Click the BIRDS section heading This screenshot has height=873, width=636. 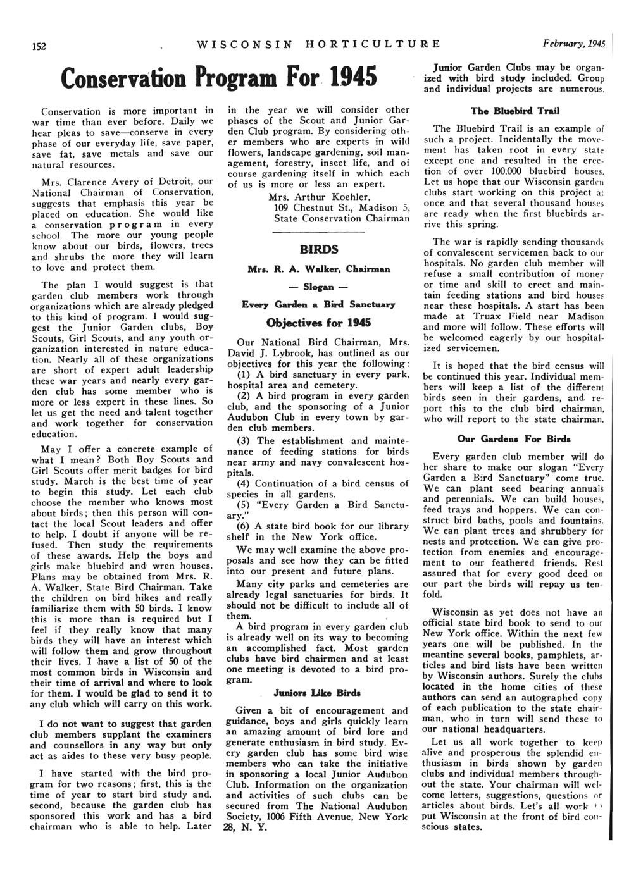coord(318,249)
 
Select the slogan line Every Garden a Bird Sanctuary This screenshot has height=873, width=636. coord(318,304)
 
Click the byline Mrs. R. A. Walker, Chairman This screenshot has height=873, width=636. coord(318,269)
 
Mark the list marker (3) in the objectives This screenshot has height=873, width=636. coord(244,441)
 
